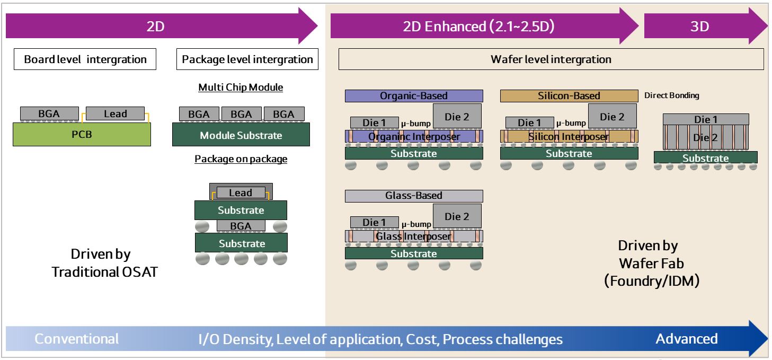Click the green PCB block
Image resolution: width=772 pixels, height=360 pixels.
pyautogui.click(x=82, y=135)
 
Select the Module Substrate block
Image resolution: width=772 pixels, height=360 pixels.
pyautogui.click(x=241, y=135)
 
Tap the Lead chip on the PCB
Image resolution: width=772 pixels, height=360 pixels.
pyautogui.click(x=115, y=113)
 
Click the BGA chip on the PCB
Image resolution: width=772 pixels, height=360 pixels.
pyautogui.click(x=49, y=113)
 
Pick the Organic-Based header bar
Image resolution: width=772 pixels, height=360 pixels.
pyautogui.click(x=414, y=96)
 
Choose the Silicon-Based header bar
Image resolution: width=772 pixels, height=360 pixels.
pyautogui.click(x=569, y=96)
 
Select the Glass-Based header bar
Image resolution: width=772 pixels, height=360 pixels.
pyautogui.click(x=414, y=196)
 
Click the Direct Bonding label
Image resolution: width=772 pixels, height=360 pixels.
pyautogui.click(x=672, y=95)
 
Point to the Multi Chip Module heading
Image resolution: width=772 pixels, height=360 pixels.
pyautogui.click(x=241, y=87)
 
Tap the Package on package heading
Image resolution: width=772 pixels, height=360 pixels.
pyautogui.click(x=241, y=159)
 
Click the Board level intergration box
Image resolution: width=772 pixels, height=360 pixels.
pyautogui.click(x=85, y=59)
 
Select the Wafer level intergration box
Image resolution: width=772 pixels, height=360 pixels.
pyautogui.click(x=551, y=59)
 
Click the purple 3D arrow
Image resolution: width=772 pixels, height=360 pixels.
pyautogui.click(x=705, y=26)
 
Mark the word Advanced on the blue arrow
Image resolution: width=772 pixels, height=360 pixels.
pyautogui.click(x=687, y=339)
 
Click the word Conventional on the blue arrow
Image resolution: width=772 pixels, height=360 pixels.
pyautogui.click(x=76, y=339)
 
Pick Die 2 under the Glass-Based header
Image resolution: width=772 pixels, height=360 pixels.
pyautogui.click(x=457, y=216)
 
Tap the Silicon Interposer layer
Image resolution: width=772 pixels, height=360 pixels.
pyautogui.click(x=569, y=137)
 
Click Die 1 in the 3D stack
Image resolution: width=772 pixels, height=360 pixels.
pyautogui.click(x=706, y=119)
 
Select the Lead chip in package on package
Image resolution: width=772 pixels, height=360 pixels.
pyautogui.click(x=241, y=193)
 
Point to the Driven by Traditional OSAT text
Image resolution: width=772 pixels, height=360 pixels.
pyautogui.click(x=104, y=263)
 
